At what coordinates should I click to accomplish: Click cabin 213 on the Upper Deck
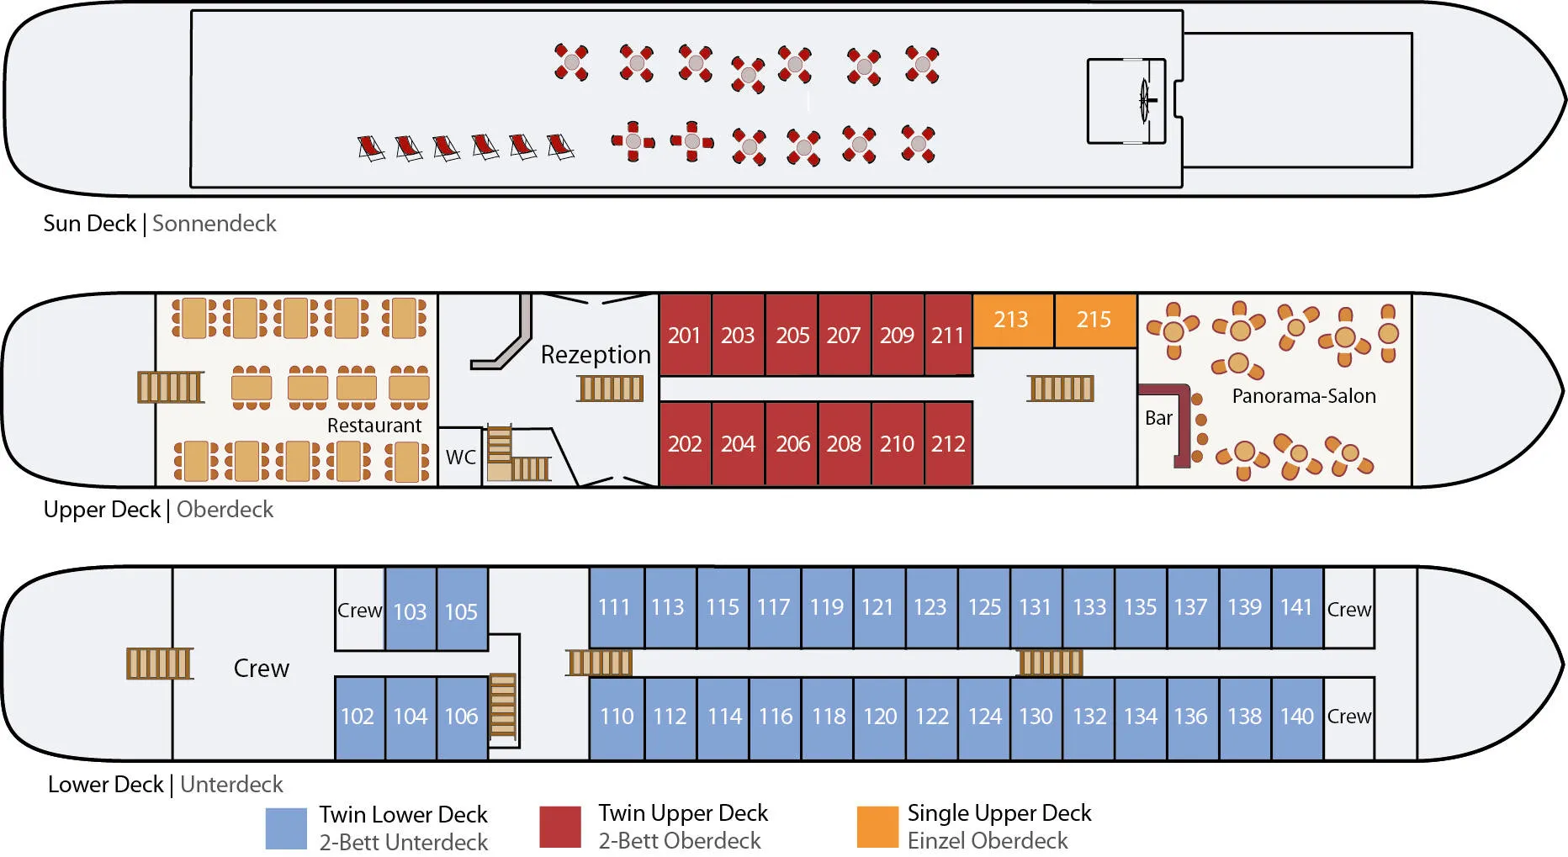[1012, 320]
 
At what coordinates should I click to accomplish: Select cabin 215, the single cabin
[1094, 320]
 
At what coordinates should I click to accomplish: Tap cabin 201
[685, 336]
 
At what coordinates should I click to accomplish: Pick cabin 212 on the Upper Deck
[948, 444]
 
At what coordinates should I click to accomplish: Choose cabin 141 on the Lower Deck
[1296, 607]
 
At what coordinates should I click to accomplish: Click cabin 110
[617, 717]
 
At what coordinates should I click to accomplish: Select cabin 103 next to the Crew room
[411, 611]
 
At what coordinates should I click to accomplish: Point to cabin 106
[462, 717]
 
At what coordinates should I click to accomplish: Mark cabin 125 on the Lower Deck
[984, 607]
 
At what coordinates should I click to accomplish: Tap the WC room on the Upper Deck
[460, 458]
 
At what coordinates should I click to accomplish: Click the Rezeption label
[596, 355]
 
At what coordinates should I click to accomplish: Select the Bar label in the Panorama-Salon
[1158, 418]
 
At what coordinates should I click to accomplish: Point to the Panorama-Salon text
[1304, 396]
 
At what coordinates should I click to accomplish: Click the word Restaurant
[374, 426]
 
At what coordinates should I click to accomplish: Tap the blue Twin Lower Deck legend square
[286, 828]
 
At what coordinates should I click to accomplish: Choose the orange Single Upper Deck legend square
[877, 827]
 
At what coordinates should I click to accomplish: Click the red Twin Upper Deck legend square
[560, 827]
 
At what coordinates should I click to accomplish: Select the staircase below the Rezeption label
[611, 389]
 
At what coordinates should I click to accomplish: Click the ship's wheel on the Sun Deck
[1145, 101]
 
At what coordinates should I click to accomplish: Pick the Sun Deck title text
[89, 224]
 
